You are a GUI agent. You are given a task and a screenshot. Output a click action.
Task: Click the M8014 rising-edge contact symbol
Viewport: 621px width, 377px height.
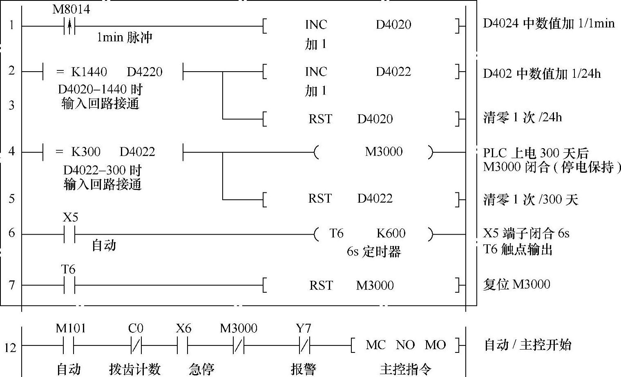70,27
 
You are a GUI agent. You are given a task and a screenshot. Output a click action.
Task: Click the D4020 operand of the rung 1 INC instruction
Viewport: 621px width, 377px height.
393,25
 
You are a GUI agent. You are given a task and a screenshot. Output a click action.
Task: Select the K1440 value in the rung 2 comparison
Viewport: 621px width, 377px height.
89,72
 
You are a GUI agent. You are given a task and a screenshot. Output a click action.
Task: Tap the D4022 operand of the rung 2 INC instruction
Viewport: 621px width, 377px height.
393,72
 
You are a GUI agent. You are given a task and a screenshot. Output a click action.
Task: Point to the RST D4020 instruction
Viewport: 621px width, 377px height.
350,119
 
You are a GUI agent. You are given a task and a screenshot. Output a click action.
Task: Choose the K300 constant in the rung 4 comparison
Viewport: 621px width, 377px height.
86,152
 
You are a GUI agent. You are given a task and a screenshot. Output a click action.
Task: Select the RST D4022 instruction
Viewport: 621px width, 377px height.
350,199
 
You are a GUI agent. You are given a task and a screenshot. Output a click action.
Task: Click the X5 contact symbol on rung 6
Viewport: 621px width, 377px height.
70,235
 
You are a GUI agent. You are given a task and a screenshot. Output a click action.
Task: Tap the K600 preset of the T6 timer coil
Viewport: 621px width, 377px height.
391,233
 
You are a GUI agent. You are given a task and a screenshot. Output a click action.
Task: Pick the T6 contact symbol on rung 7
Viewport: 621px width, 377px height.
69,285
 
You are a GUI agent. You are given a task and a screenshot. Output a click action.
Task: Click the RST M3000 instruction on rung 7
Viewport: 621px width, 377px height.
351,285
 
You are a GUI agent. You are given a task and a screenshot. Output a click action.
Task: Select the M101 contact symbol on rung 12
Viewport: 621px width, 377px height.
69,346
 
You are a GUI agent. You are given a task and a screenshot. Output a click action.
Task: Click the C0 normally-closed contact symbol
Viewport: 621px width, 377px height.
136,346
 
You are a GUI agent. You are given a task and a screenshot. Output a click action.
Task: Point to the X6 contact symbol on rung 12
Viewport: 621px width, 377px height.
183,346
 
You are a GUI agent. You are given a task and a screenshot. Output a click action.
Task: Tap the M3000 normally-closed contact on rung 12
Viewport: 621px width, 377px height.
239,346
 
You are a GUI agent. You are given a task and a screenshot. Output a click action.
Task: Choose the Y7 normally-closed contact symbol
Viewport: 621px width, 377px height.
304,346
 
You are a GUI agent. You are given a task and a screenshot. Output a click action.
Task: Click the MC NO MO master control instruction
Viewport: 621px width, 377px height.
405,345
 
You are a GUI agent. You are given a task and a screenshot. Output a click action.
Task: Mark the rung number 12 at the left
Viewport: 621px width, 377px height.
10,348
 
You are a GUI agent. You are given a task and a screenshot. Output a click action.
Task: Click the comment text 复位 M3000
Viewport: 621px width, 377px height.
516,284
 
